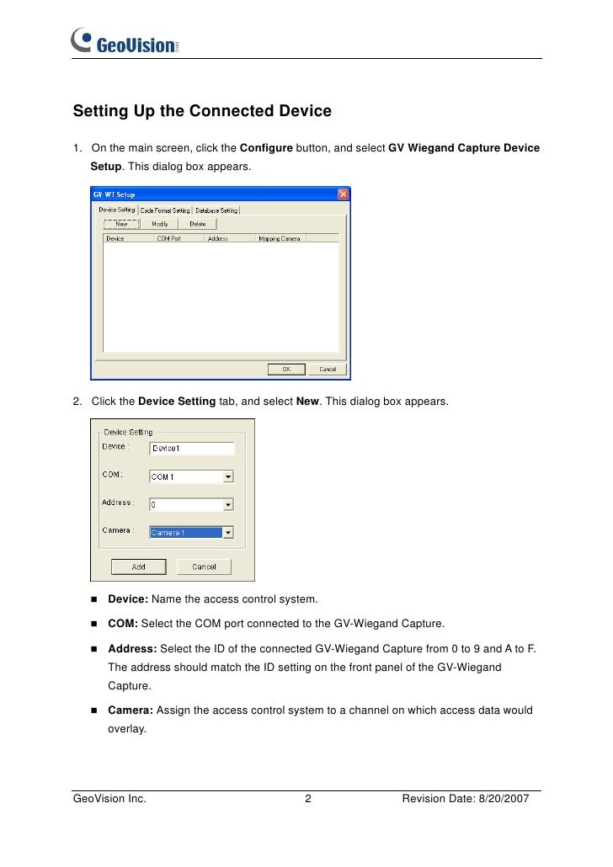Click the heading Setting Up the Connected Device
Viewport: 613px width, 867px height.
point(202,111)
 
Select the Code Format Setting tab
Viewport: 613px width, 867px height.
point(165,210)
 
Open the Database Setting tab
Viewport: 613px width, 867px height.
point(217,210)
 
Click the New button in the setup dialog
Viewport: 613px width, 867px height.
point(121,224)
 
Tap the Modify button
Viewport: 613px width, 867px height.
point(159,224)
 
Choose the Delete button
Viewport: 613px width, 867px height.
point(197,224)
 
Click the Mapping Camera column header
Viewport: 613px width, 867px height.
point(279,238)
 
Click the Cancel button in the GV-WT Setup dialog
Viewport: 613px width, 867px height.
point(328,369)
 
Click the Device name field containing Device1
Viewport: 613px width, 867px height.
point(191,449)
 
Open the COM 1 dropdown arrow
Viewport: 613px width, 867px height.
point(228,476)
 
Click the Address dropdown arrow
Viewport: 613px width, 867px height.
point(228,505)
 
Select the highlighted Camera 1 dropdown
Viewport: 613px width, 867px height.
point(186,533)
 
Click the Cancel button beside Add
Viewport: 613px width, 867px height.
point(204,566)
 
